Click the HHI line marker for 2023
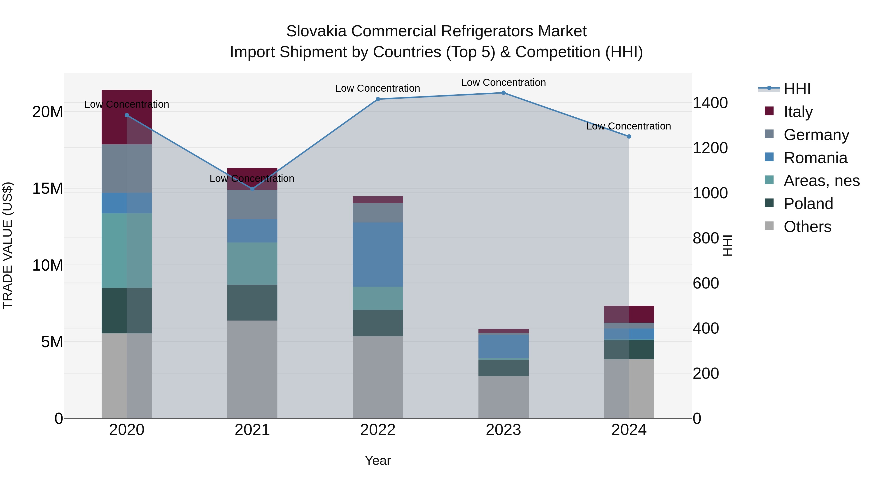[503, 93]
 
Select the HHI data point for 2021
[252, 189]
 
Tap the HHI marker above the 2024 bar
[629, 137]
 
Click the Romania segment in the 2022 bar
[378, 255]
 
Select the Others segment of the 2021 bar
[252, 369]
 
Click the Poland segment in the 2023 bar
[503, 368]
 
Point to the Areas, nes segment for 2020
[127, 250]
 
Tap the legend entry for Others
[807, 227]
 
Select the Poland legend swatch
[769, 203]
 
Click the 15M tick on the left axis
[48, 188]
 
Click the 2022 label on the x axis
[378, 430]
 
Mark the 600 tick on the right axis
[706, 283]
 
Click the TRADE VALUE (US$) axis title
[8, 245]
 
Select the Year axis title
[378, 460]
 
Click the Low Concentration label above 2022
[378, 89]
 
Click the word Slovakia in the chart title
[316, 31]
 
